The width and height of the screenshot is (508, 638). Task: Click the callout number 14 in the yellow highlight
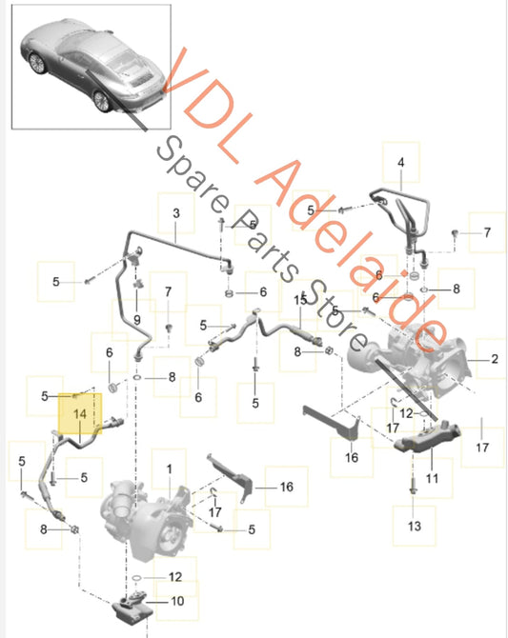coord(80,414)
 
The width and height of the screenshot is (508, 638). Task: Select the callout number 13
coord(414,526)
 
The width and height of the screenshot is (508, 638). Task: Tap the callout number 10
coord(177,601)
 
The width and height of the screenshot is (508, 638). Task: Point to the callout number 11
coord(432,478)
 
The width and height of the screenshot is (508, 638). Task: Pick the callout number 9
coord(137,320)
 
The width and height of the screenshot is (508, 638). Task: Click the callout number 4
coord(401,163)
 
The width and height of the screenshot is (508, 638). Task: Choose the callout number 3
coord(176,213)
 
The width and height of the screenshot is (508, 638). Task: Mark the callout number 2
coord(494,359)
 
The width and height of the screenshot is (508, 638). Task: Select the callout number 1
coord(170,469)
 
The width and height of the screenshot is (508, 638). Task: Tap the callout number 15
coord(300,300)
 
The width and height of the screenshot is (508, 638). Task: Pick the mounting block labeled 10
coord(132,609)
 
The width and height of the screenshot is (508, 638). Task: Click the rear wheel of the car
coord(101,101)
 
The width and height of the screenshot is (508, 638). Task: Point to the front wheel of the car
coord(37,63)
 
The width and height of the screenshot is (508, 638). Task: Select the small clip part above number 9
coord(137,283)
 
